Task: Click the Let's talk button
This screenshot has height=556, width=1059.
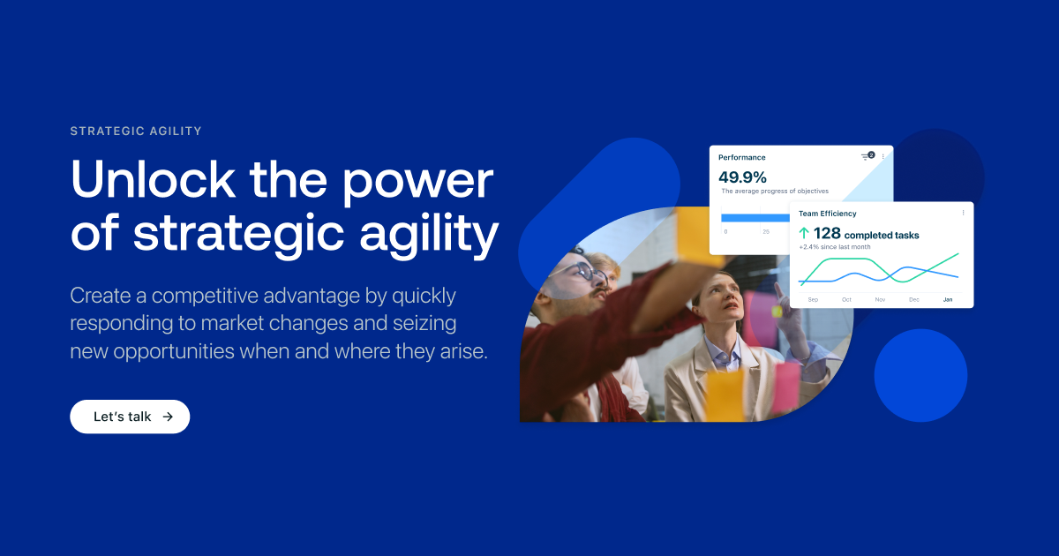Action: [130, 417]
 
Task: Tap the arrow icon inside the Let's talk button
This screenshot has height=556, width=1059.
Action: [168, 417]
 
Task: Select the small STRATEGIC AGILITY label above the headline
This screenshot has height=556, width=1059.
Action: [136, 131]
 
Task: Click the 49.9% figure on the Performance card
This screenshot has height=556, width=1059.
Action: [742, 177]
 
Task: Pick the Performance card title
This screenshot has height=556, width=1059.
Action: [741, 157]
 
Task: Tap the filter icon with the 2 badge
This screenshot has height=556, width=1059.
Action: [867, 156]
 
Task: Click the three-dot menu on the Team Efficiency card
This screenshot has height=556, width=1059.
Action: [963, 213]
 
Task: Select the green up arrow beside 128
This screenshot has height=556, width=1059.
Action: [803, 234]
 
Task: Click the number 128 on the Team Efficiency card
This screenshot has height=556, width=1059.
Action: [827, 234]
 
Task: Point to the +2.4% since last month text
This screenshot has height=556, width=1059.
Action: [834, 247]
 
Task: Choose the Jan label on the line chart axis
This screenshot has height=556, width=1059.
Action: [948, 300]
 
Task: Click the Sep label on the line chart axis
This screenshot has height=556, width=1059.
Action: [813, 300]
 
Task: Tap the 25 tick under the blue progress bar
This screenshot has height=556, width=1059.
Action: [766, 231]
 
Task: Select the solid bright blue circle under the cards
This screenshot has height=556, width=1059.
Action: [920, 375]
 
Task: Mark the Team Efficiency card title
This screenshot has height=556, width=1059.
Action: [827, 214]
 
